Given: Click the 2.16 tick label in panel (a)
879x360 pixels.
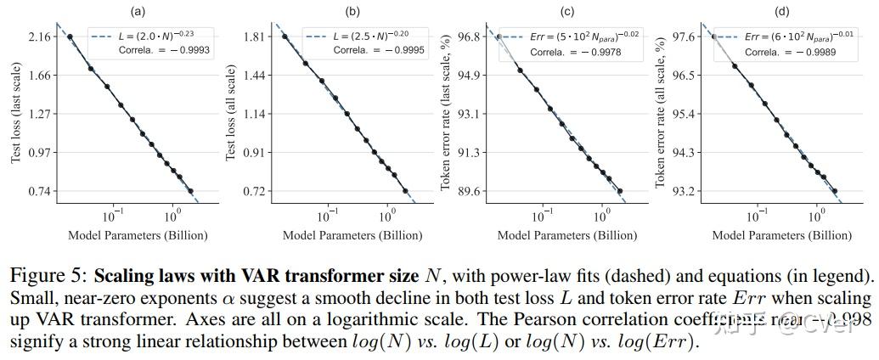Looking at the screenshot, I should click(x=41, y=37).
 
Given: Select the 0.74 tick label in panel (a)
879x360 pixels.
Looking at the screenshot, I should click(x=41, y=191).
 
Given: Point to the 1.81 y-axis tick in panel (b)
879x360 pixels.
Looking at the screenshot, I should click(x=255, y=37).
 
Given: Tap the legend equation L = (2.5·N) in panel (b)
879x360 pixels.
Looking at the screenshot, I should click(x=369, y=37).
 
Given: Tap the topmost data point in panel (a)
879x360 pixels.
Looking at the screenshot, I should click(x=70, y=37).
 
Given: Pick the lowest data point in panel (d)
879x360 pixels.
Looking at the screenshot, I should click(x=834, y=191).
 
